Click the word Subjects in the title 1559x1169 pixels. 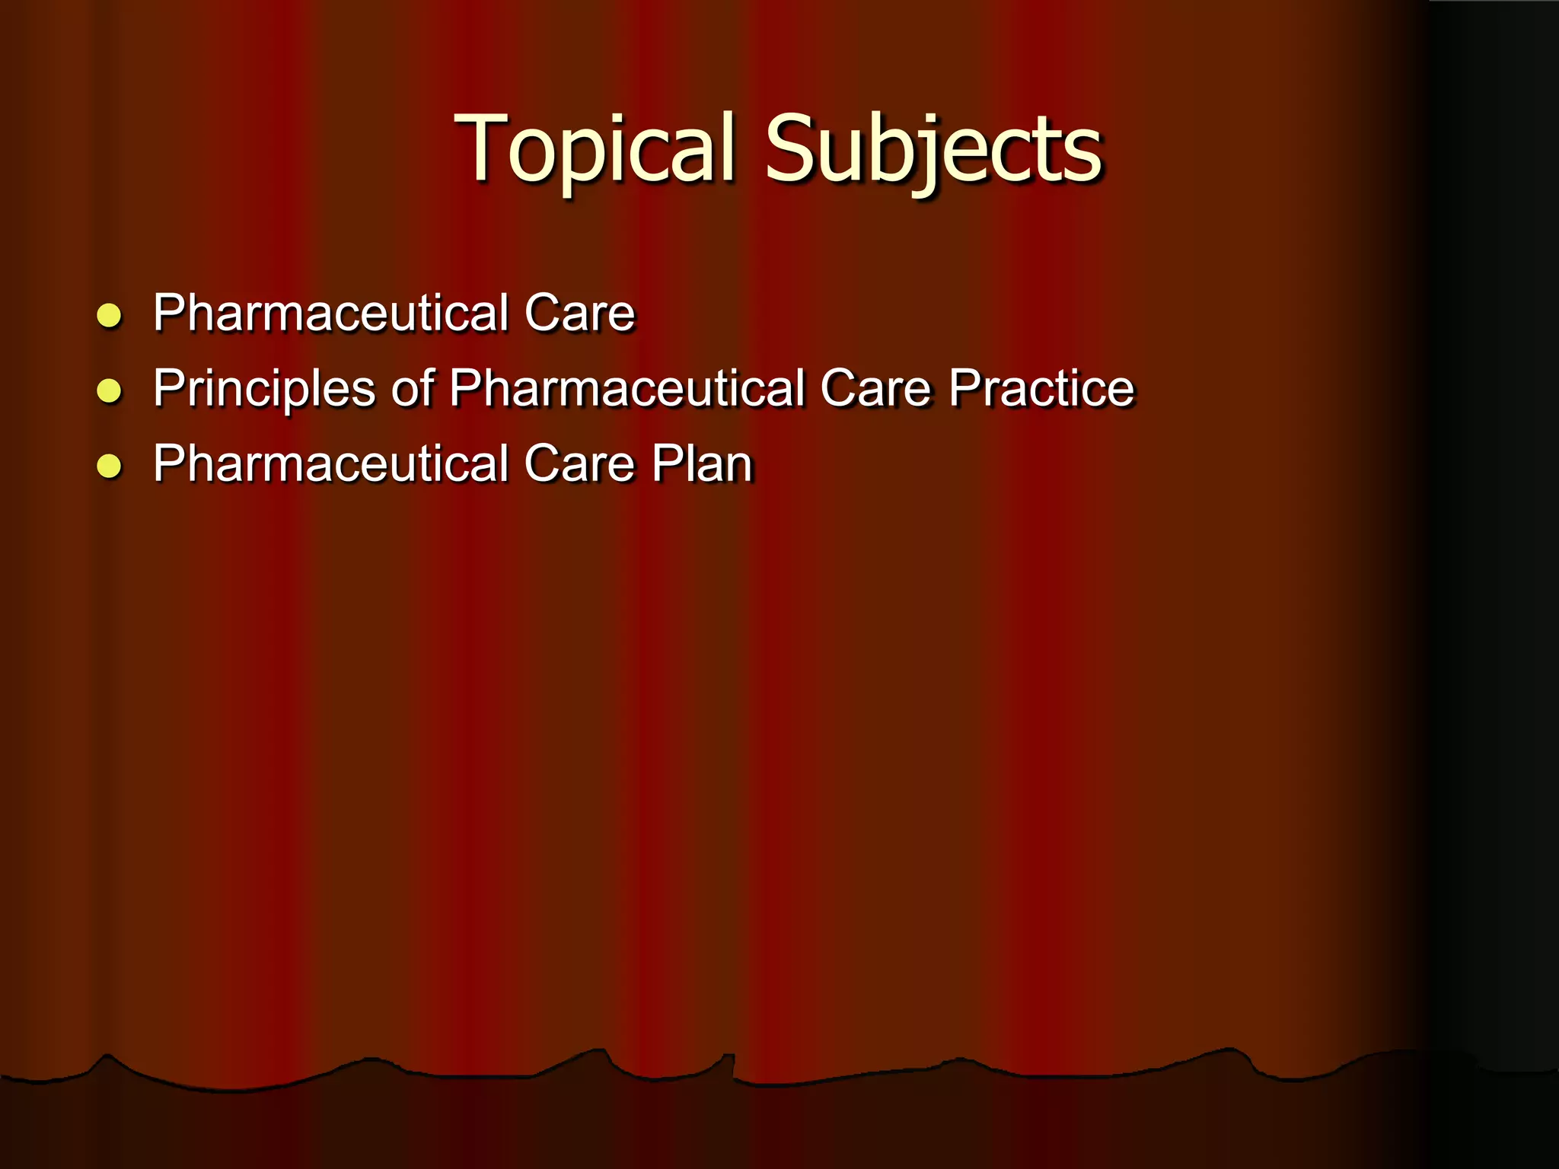933,149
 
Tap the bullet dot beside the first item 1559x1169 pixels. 110,315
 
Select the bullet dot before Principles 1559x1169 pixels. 110,390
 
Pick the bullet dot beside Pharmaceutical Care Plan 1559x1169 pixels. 110,466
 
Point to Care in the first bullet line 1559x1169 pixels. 579,313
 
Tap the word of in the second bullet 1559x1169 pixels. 413,388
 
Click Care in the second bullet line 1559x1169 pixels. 875,388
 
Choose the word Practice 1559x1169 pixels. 1041,388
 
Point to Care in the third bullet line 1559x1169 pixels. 579,463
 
